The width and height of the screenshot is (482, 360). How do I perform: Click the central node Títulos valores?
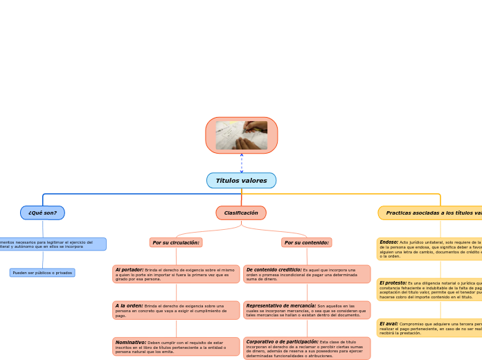241,181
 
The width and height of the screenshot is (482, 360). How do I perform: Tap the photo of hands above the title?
241,135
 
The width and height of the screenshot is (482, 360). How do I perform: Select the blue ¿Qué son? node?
42,213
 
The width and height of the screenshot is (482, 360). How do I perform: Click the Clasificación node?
241,213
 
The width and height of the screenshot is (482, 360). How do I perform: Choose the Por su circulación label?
176,242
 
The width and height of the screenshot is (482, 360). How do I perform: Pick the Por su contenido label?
307,242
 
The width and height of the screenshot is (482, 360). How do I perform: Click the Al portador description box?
176,274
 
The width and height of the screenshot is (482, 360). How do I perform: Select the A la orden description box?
176,310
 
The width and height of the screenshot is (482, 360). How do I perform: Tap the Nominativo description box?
176,346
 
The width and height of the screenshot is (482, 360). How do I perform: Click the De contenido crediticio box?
307,274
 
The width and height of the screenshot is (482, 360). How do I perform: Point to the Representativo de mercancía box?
307,310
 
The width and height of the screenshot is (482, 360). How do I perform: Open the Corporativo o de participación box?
307,348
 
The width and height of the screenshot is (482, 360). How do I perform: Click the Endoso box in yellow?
429,249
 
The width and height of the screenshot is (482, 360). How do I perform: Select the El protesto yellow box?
429,289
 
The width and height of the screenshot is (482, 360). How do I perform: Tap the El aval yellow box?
429,327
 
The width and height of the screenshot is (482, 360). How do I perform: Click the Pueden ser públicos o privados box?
42,273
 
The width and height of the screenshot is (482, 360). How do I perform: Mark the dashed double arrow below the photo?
242,163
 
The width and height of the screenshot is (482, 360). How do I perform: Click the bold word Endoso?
389,242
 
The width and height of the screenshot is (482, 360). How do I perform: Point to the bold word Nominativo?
130,342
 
